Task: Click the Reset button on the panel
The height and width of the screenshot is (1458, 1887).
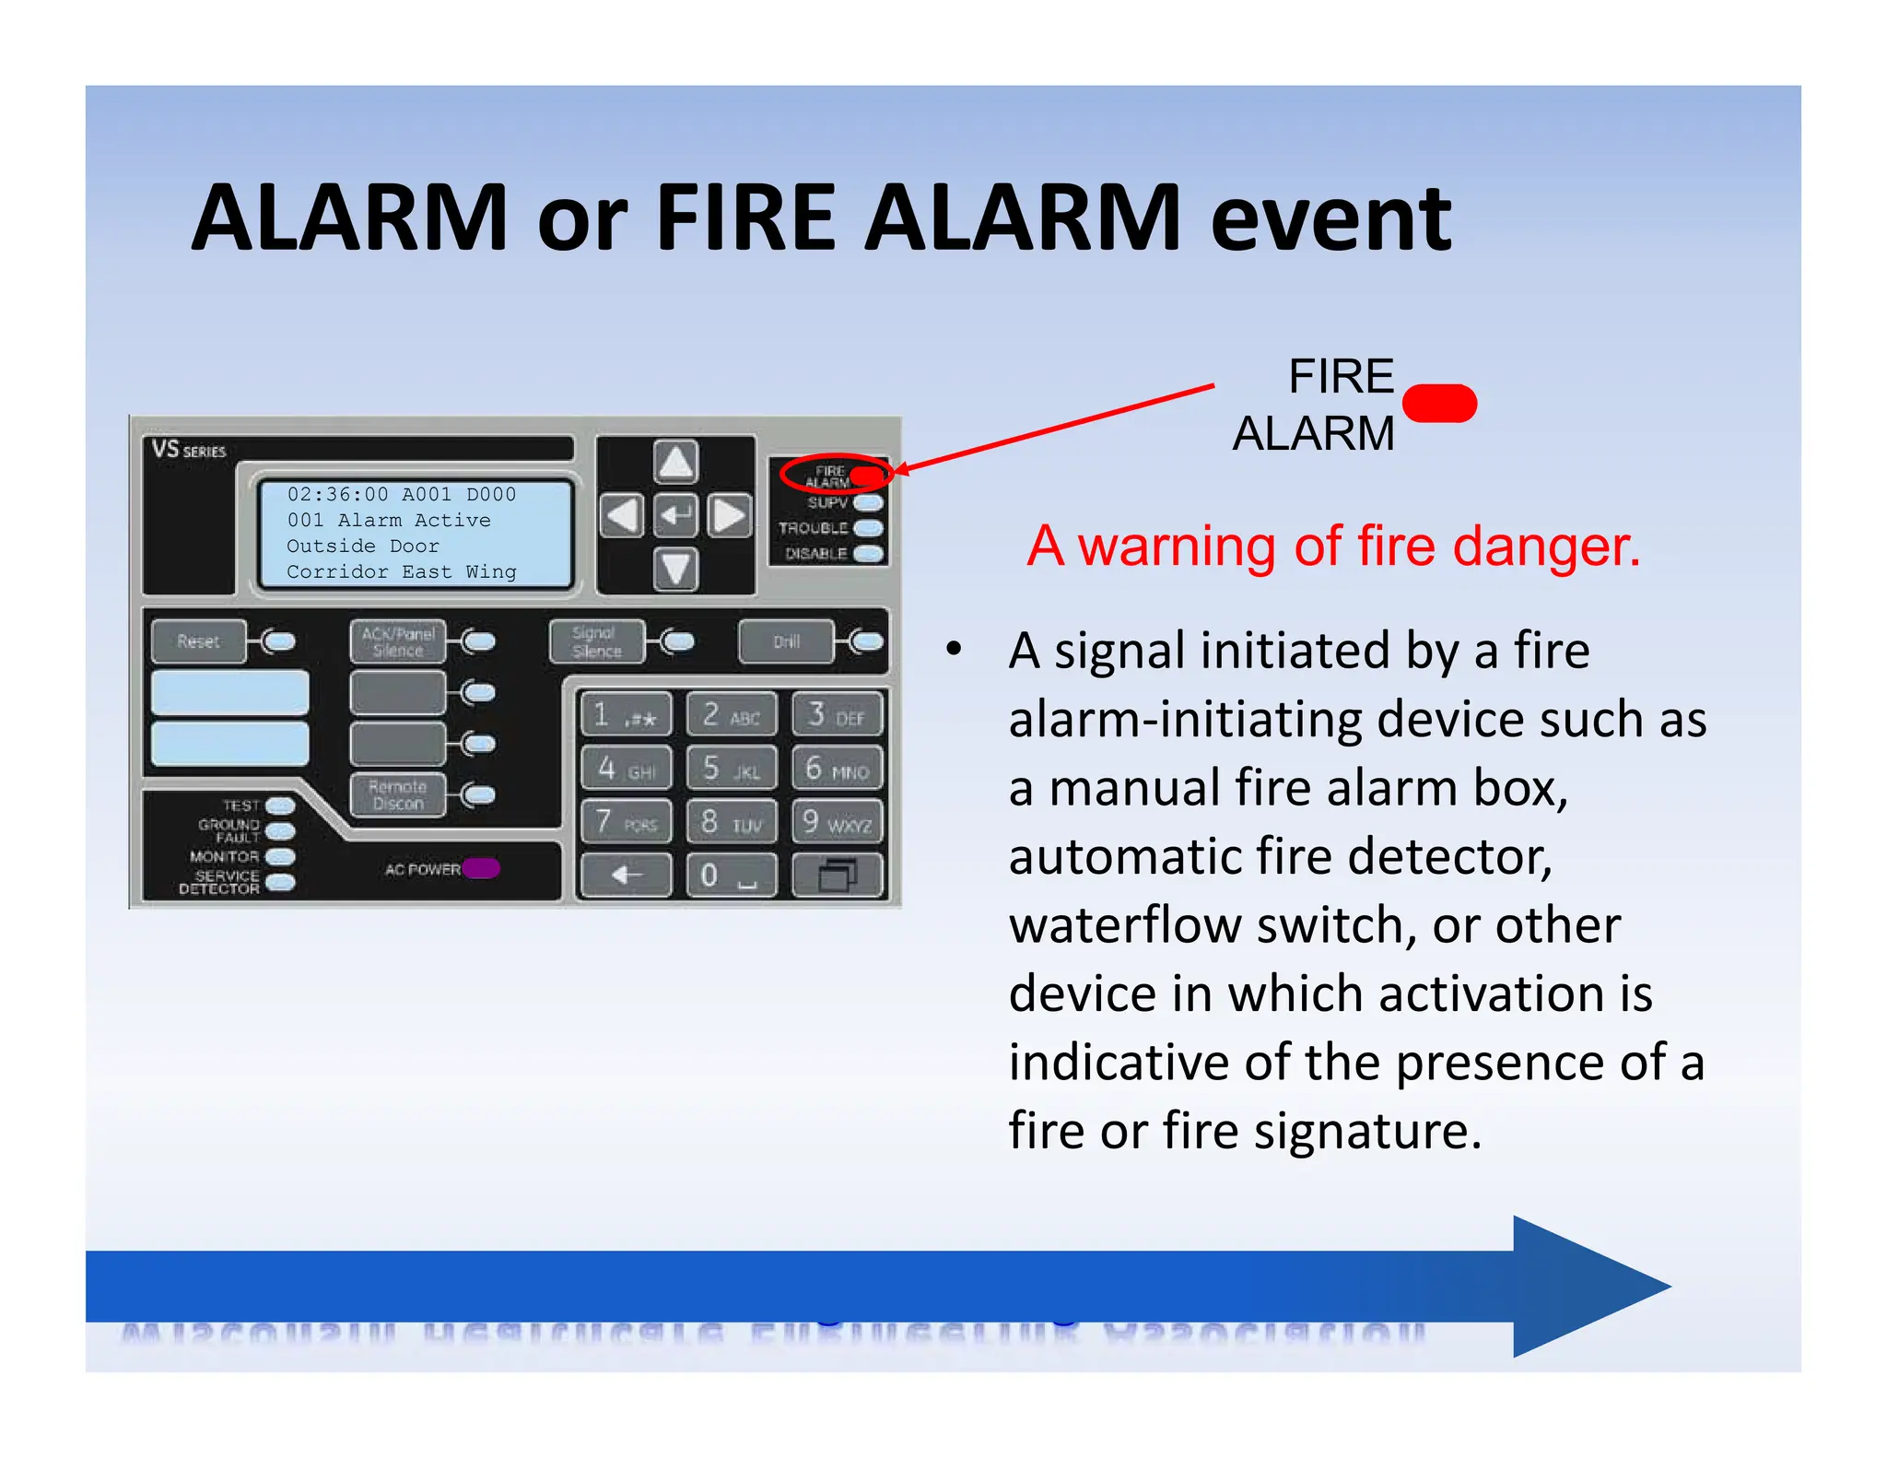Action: tap(198, 641)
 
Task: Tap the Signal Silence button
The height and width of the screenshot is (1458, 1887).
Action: tap(596, 642)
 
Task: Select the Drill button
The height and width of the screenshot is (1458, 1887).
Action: tap(786, 642)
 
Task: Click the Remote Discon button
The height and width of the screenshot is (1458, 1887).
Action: tap(397, 795)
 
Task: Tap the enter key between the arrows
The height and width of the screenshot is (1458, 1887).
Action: tap(675, 515)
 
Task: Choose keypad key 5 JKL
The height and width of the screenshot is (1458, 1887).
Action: tap(732, 769)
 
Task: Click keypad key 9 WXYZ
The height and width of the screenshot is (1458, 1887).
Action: tap(837, 822)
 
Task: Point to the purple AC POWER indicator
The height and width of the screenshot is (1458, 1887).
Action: tap(481, 868)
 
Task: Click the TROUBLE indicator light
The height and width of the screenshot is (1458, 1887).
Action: tap(868, 528)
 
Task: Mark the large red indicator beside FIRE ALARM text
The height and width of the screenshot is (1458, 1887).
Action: tap(1439, 404)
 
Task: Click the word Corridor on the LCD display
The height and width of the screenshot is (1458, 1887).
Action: tap(337, 572)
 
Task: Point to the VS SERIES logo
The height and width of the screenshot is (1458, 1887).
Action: tap(189, 450)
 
